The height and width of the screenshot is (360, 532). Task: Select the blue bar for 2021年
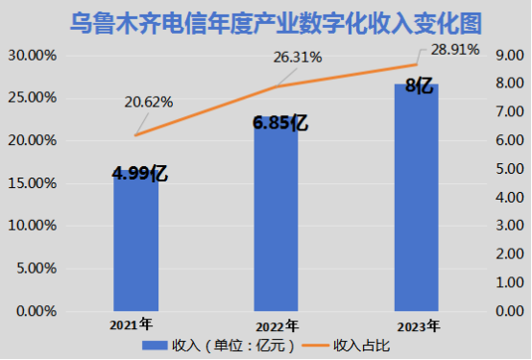[x=134, y=245]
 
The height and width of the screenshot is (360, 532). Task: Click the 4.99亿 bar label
[x=140, y=174]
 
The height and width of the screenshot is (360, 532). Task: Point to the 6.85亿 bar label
[x=279, y=122]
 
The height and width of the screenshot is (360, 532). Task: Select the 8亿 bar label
[x=418, y=85]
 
